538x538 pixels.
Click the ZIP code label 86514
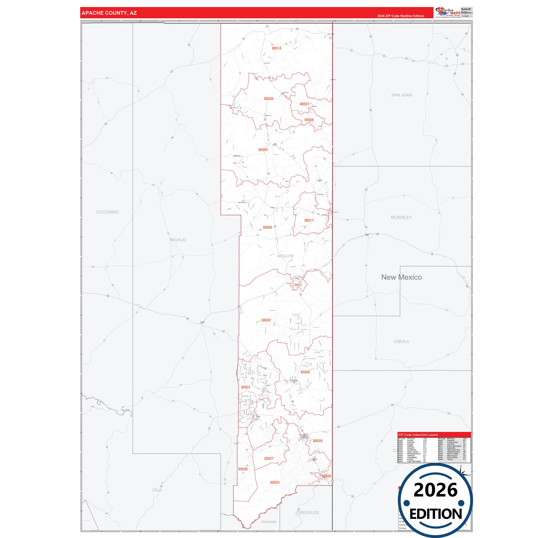point(276,48)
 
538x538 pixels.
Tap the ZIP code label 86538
point(268,99)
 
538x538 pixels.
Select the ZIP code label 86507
point(304,104)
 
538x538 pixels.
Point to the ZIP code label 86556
point(309,120)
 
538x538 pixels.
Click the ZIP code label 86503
point(263,150)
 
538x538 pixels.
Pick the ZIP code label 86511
point(309,220)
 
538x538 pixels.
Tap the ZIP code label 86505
point(267,227)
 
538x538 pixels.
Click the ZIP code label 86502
point(266,320)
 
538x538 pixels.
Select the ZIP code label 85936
point(305,372)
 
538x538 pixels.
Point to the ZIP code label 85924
point(245,387)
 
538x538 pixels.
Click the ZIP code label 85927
point(269,458)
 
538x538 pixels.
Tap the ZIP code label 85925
point(275,482)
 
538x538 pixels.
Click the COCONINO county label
point(107,212)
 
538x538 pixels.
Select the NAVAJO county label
point(178,240)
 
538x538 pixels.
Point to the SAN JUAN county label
point(401,95)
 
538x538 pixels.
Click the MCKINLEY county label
point(401,217)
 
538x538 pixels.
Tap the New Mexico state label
point(401,277)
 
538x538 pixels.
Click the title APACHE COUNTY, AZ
point(109,13)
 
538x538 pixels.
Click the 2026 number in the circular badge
point(435,490)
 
